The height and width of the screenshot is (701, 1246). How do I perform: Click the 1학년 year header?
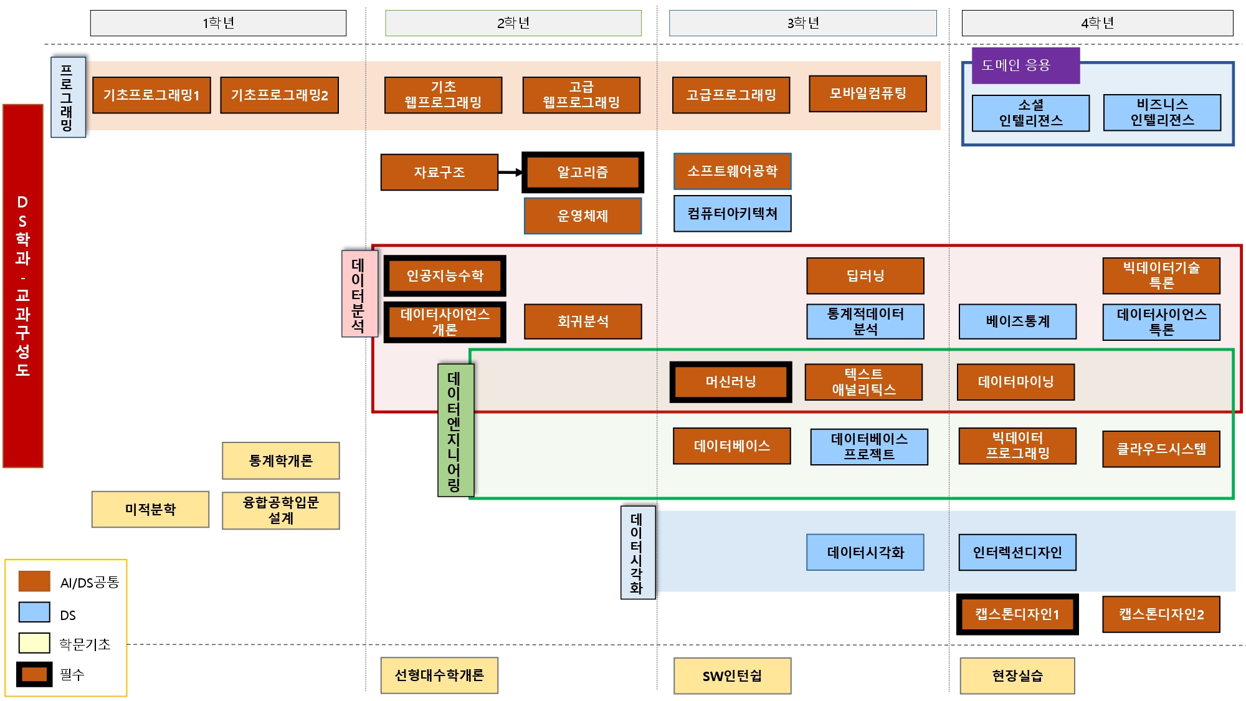218,23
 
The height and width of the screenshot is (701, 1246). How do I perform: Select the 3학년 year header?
802,23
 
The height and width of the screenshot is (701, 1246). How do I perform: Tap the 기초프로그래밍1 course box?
151,95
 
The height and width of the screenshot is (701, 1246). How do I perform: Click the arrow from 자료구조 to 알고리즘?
510,173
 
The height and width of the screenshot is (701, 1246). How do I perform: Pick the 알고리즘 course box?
583,173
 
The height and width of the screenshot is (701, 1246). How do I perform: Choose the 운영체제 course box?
583,216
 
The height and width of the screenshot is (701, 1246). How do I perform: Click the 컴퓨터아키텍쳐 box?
732,214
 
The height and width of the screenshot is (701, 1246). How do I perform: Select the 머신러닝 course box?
731,382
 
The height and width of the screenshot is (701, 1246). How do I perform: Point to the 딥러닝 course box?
865,276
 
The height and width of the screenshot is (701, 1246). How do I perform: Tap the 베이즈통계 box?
1017,322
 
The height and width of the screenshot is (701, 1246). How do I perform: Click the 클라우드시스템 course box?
1161,449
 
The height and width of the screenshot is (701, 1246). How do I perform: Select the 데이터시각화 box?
865,553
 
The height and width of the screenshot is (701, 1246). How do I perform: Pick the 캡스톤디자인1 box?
1017,614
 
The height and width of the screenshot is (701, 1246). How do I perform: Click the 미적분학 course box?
150,510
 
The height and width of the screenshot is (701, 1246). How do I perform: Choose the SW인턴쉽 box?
732,676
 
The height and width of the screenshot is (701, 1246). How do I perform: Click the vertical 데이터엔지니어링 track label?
455,431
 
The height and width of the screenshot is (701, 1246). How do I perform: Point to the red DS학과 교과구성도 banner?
23,286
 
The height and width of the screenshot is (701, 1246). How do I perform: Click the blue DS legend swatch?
34,613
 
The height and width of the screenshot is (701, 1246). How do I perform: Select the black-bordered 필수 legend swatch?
34,674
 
